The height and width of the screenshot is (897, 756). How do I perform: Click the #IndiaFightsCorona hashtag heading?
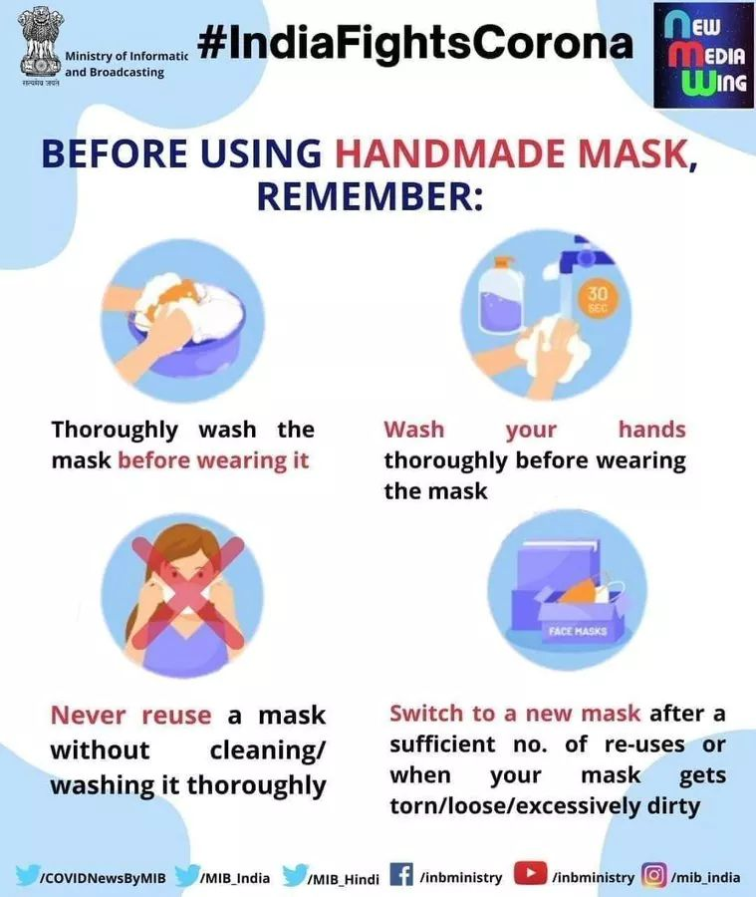(414, 44)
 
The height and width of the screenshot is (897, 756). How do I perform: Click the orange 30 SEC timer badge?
(597, 300)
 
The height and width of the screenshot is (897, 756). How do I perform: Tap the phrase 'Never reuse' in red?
(131, 715)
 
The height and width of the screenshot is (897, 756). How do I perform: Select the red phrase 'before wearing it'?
(214, 460)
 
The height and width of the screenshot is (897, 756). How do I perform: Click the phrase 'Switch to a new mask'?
(516, 714)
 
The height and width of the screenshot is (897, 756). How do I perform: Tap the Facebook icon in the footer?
(400, 874)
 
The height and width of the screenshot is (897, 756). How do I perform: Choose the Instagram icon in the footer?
(654, 875)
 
